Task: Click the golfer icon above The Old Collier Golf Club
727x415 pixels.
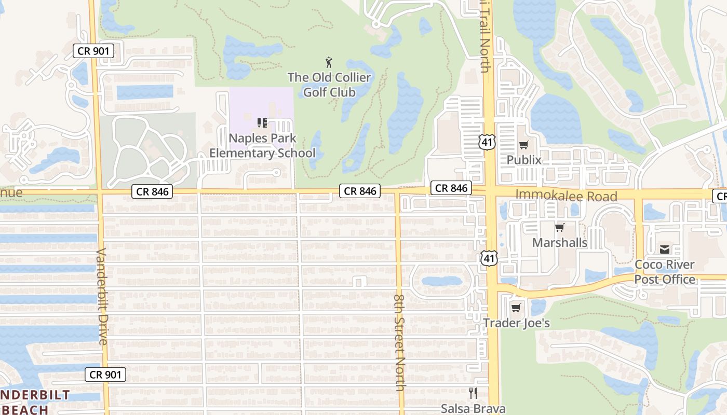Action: point(329,63)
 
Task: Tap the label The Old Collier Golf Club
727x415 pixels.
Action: point(329,85)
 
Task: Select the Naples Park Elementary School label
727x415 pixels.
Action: point(262,146)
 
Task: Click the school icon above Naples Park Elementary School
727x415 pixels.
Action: point(262,123)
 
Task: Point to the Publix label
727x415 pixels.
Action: point(524,160)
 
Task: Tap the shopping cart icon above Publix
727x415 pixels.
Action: point(524,145)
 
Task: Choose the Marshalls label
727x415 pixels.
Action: point(560,242)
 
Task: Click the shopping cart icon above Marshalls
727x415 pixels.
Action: point(560,227)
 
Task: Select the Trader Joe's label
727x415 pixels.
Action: point(516,323)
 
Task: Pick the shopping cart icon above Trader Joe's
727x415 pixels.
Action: point(516,308)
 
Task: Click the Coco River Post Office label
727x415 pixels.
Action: point(665,272)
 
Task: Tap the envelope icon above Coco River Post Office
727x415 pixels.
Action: point(665,250)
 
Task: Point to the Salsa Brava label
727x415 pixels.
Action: point(473,408)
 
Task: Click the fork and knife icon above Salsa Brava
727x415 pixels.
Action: point(473,393)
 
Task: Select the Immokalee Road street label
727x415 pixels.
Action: point(566,196)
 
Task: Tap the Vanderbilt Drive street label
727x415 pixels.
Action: point(102,296)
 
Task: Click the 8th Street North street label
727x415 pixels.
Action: point(399,342)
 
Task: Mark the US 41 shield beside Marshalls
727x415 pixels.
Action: point(488,258)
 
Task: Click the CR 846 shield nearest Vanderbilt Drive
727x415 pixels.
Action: point(152,191)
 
